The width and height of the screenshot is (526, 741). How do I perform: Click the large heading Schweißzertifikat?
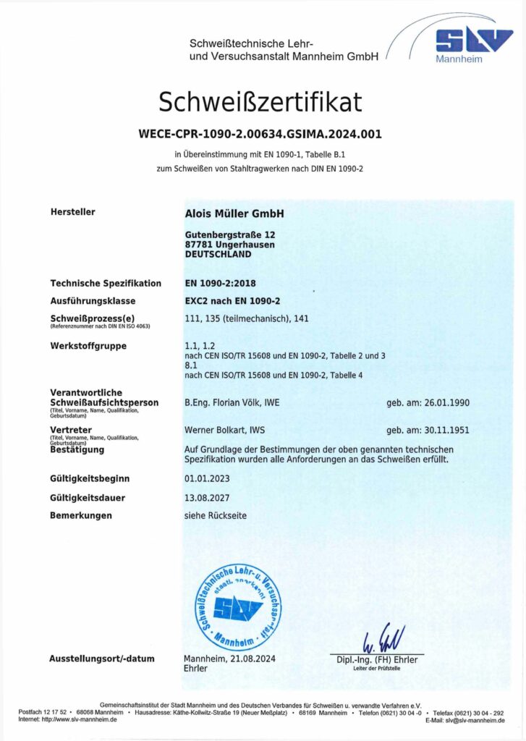[260, 103]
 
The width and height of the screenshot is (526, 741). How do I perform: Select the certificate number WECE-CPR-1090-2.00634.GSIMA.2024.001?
[260, 134]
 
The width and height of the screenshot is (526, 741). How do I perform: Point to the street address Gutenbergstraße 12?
[230, 235]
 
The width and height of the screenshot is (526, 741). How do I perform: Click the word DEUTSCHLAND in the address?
[219, 255]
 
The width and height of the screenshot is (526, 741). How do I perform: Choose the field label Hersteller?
[72, 212]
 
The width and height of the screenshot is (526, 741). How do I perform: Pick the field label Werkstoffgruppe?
[88, 346]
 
